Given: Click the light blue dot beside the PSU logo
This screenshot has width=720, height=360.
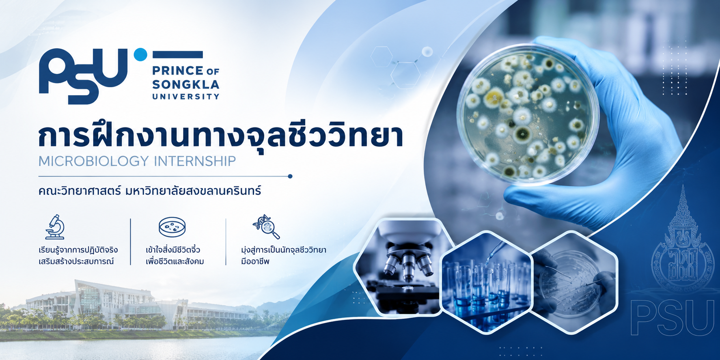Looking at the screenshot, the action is [x=140, y=54].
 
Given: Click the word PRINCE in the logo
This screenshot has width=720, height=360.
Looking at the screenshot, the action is [x=178, y=71].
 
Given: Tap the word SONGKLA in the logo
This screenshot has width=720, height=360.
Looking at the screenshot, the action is [x=185, y=84].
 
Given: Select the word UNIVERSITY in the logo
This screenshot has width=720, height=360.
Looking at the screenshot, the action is [x=185, y=97].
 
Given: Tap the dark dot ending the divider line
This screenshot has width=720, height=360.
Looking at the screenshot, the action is [x=290, y=176].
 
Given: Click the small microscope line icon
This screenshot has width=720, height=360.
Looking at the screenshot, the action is [x=55, y=226].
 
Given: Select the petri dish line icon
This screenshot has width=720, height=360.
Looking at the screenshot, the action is [x=172, y=227].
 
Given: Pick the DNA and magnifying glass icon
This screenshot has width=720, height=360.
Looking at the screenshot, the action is [x=266, y=226].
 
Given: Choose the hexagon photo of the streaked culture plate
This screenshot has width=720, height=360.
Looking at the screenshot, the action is [x=573, y=282].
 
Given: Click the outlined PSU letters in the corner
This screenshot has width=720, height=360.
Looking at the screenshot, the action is [x=673, y=317].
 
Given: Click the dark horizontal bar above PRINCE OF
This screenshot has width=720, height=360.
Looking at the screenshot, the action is [x=177, y=54].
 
